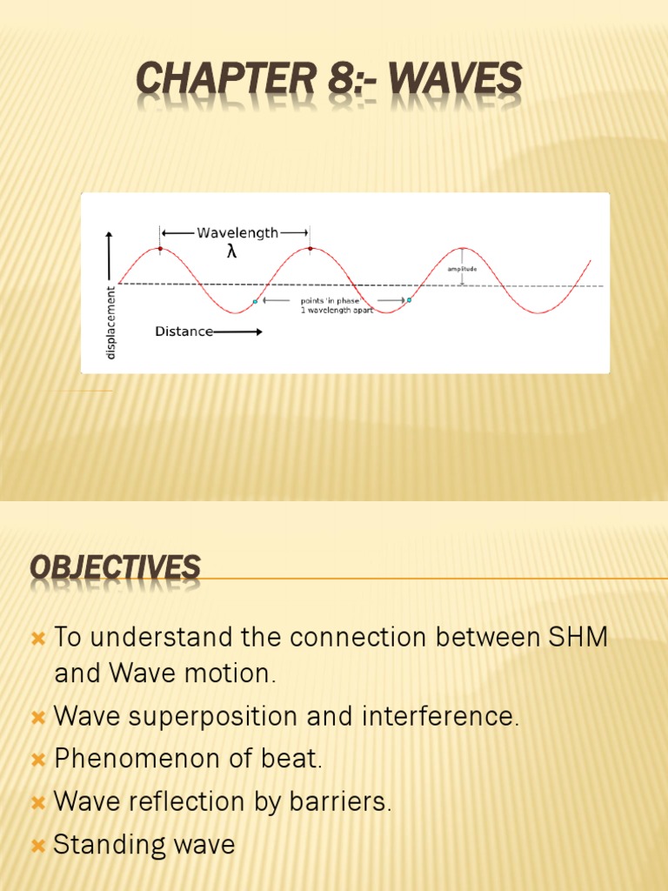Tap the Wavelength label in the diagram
coord(237,232)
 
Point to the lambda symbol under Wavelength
coord(231,252)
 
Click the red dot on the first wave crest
coord(160,249)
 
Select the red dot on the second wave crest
coord(310,249)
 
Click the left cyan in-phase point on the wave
coord(255,302)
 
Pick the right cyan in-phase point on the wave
coord(409,300)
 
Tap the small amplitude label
coord(462,269)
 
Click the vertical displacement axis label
coord(110,322)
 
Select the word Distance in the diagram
coord(184,332)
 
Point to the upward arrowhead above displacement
coord(109,235)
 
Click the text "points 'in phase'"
coord(331,301)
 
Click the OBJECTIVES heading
coord(115,568)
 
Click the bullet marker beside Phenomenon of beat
coord(37,760)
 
